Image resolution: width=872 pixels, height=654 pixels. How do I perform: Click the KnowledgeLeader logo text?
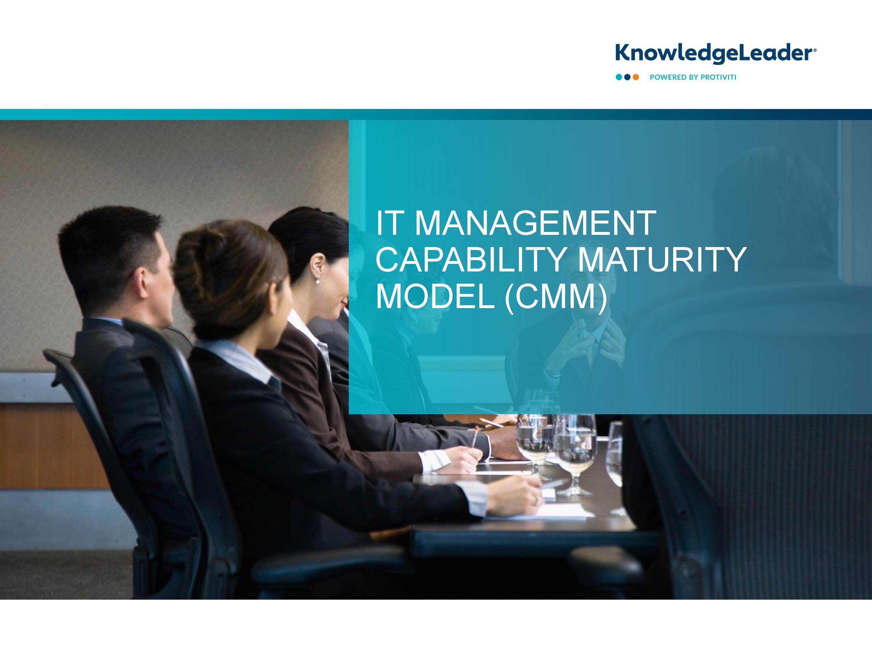click(714, 53)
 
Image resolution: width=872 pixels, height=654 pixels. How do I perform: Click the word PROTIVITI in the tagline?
click(718, 77)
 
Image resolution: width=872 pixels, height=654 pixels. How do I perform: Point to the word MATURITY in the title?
click(662, 259)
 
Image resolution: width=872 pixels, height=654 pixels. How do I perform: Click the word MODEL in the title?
click(435, 296)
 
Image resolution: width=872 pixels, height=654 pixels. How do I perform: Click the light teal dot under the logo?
click(619, 77)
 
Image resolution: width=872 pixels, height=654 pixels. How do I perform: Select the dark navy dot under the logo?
click(627, 77)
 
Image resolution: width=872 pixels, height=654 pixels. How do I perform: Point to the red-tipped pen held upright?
click(476, 436)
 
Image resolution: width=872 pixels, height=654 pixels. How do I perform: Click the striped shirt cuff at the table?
click(434, 460)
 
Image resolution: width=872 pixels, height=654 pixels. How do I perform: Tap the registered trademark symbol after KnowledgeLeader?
click(815, 50)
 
